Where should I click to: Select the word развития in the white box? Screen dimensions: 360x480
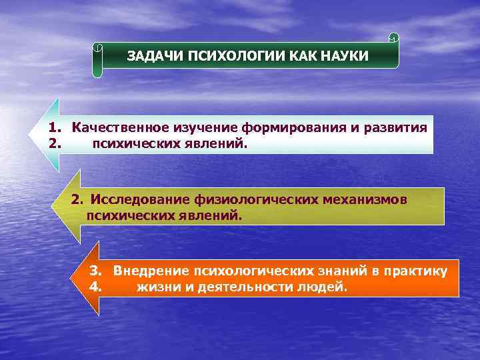(x=395, y=127)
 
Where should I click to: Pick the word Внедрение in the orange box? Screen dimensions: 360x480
(x=151, y=271)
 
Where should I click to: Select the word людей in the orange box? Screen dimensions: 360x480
(x=325, y=288)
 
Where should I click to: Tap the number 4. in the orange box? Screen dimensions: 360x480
(x=95, y=288)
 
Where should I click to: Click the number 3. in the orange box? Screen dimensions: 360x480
(x=95, y=271)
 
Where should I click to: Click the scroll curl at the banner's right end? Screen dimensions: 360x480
(x=393, y=37)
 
